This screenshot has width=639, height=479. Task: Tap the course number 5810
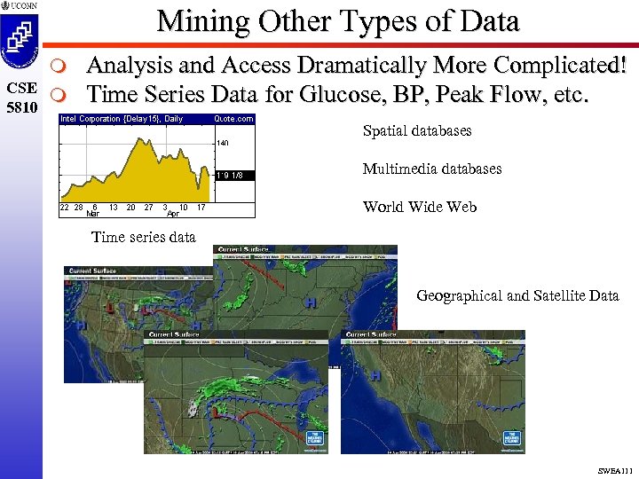(20, 106)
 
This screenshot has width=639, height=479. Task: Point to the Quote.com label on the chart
(233, 119)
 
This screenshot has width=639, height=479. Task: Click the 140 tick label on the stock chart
(222, 142)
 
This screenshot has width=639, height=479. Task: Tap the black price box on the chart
(233, 176)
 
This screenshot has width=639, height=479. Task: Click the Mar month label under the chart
(93, 214)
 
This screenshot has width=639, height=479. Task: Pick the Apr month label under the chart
(173, 214)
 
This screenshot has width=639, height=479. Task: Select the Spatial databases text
(417, 131)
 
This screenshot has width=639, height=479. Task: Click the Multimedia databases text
(432, 169)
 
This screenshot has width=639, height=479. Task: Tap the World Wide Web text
(420, 207)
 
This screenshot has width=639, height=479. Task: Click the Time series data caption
(144, 237)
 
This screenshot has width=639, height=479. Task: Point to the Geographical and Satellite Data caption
(517, 295)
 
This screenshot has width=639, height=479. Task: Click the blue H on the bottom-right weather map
(375, 375)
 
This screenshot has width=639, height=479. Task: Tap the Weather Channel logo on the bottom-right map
(510, 438)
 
